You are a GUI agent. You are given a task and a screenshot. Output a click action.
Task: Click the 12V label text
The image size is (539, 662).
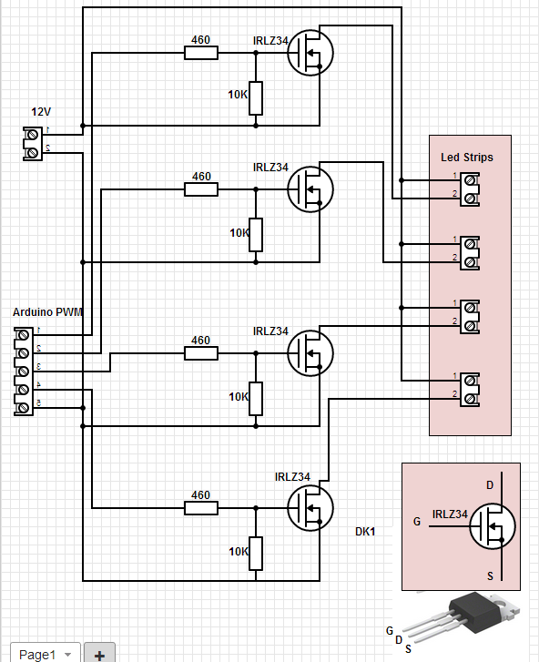[41, 112]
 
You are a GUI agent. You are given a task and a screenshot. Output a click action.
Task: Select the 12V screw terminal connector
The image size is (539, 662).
[33, 143]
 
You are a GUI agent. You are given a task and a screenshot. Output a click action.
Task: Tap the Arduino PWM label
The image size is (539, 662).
[47, 312]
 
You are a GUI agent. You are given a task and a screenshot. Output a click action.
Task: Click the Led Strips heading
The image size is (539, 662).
[467, 158]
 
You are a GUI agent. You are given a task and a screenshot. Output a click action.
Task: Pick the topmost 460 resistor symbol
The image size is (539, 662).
[201, 53]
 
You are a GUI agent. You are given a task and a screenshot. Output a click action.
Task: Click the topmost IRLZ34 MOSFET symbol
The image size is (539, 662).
[310, 53]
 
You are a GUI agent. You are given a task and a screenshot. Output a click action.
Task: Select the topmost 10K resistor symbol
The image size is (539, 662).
[256, 97]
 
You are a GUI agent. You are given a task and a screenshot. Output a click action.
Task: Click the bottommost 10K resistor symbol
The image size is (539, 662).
[256, 552]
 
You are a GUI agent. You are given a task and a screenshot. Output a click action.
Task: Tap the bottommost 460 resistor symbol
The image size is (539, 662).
[201, 508]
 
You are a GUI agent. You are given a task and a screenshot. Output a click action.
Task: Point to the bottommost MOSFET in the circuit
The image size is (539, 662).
[310, 507]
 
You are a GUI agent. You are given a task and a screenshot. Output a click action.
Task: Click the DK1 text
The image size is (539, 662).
[366, 531]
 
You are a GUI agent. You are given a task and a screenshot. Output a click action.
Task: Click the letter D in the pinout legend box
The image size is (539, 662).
[490, 485]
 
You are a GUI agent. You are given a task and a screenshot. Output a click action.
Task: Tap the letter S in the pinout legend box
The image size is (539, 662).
[490, 575]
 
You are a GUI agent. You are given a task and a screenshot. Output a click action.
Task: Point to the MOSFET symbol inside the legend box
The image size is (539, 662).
[493, 525]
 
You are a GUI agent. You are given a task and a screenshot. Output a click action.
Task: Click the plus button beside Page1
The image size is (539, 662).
[99, 654]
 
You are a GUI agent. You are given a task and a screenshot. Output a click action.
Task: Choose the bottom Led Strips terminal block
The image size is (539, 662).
[470, 388]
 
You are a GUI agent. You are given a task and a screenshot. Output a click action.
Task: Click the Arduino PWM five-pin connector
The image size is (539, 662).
[22, 372]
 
